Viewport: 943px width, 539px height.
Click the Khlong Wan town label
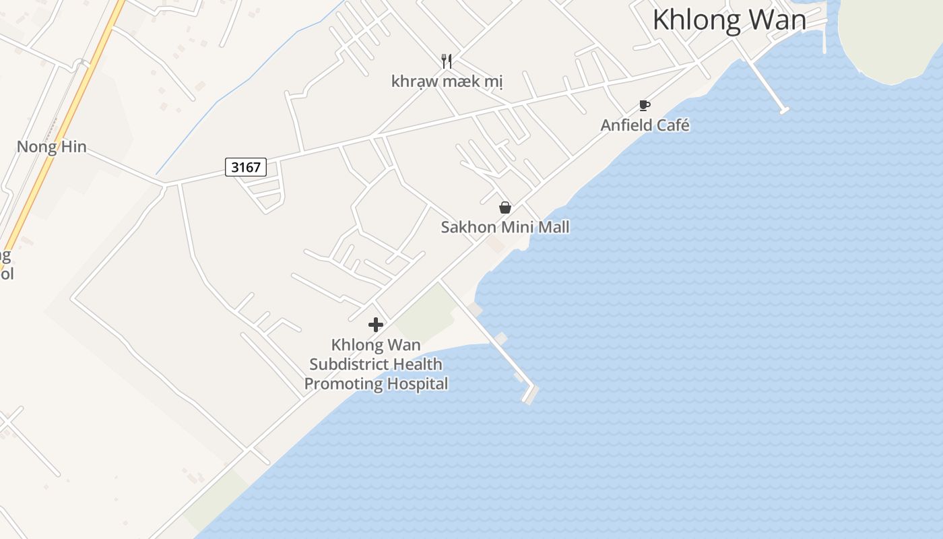coord(729,20)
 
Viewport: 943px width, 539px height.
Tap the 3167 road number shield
coord(245,167)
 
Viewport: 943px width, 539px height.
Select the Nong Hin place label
coord(51,147)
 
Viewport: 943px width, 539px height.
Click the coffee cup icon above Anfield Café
coord(644,105)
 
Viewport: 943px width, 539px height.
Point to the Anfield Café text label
coord(645,125)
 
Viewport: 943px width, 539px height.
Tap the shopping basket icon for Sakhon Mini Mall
coord(505,208)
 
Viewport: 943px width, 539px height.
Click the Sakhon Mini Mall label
coord(505,227)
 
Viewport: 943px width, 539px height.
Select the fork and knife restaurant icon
coord(446,61)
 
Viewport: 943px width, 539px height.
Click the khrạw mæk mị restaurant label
coord(447,82)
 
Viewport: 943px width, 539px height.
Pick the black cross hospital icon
coord(376,325)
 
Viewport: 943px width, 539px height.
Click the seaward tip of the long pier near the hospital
coord(531,393)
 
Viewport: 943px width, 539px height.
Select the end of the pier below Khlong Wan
coord(783,110)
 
